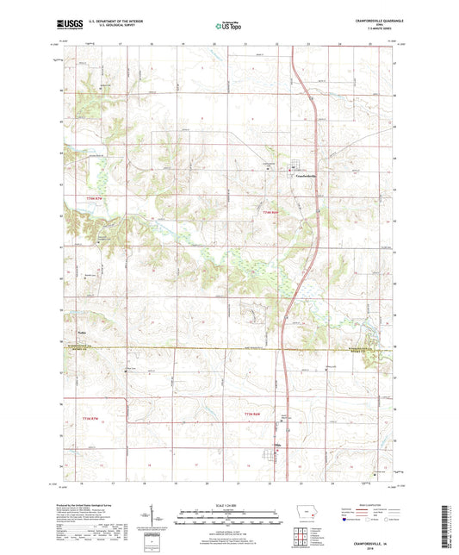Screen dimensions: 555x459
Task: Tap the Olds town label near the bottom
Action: (277, 445)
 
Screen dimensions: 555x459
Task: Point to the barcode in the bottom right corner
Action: (444, 527)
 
